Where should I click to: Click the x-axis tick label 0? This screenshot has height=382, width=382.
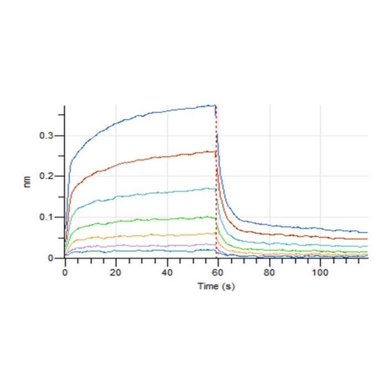[x=65, y=272]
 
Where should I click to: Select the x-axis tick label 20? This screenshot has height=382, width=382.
[x=115, y=272]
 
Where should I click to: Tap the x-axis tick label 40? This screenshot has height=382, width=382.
[x=166, y=272]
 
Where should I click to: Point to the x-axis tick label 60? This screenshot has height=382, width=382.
[x=218, y=272]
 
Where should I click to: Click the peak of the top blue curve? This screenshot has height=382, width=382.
[x=214, y=105]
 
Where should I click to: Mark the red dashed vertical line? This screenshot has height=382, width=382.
[x=216, y=183]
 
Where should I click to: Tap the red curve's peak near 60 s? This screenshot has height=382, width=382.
[x=214, y=151]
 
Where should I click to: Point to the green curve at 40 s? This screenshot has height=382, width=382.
[x=166, y=220]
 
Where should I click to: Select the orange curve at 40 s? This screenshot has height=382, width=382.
[x=166, y=236]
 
